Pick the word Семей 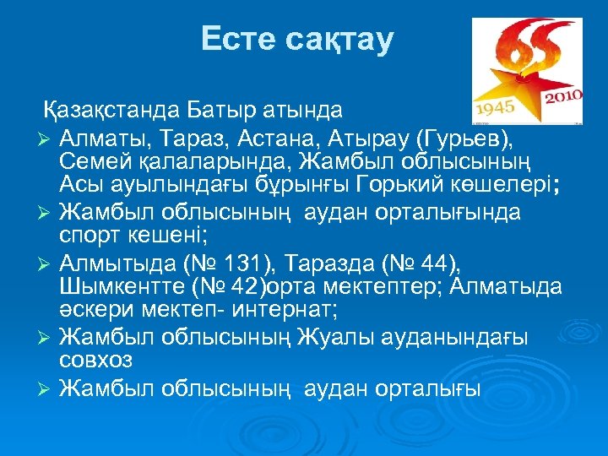(x=95, y=160)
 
